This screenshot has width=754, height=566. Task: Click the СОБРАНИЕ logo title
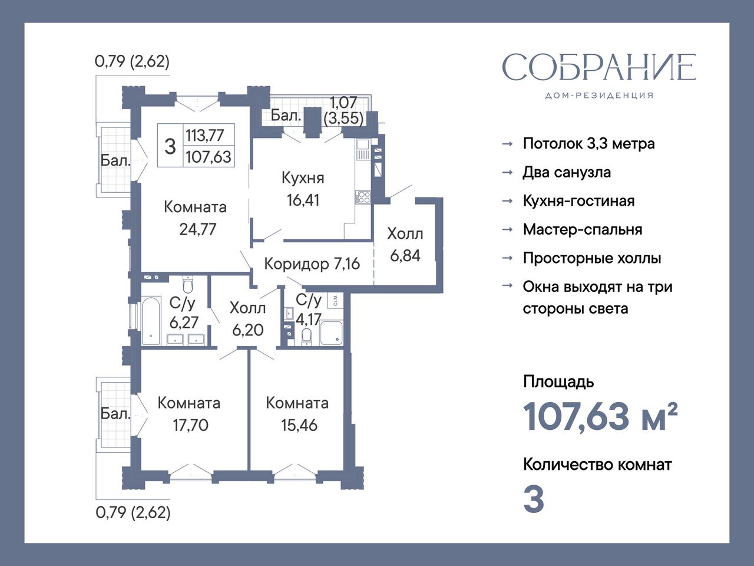(x=598, y=71)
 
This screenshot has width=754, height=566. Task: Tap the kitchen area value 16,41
(x=303, y=200)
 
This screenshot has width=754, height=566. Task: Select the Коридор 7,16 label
(x=312, y=264)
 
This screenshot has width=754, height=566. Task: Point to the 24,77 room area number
(x=197, y=229)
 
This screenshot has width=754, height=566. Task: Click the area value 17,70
(x=190, y=426)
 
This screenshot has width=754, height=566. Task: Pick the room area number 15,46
(x=299, y=426)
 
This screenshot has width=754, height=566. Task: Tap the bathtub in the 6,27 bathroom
(x=151, y=321)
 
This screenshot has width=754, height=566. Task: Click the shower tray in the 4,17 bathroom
(x=331, y=333)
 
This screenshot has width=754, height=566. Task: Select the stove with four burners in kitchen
(x=363, y=198)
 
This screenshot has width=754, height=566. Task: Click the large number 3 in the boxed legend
(x=170, y=146)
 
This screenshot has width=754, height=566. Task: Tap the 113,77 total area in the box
(x=205, y=136)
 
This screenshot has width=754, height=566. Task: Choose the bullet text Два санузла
(x=567, y=173)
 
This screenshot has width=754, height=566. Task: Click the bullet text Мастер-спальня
(x=583, y=229)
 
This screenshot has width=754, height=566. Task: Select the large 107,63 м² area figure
(x=600, y=417)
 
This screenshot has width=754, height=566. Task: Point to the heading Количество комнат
(x=597, y=465)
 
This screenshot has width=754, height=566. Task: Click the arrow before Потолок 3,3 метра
(x=507, y=144)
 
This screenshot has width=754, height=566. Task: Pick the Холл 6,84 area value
(x=405, y=256)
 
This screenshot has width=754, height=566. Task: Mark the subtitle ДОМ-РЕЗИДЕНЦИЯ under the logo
(x=599, y=96)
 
